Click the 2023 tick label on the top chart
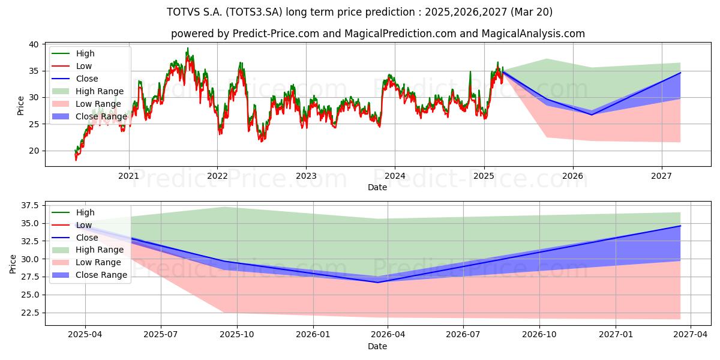tap(306, 176)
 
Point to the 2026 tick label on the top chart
tap(573, 176)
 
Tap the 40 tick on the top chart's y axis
tap(34, 44)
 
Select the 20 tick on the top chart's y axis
tap(34, 151)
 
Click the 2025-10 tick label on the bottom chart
tap(237, 335)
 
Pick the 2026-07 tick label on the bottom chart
tap(463, 335)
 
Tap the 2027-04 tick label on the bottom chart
tap(691, 335)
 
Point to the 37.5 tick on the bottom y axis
tap(29, 205)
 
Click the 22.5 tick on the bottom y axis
tap(29, 313)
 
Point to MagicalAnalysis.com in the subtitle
tap(533, 34)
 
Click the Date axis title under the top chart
tap(377, 187)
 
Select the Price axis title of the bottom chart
tap(13, 264)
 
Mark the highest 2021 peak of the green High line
tap(188, 48)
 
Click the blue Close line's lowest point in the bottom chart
tap(378, 283)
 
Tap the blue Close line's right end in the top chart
tap(680, 73)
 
